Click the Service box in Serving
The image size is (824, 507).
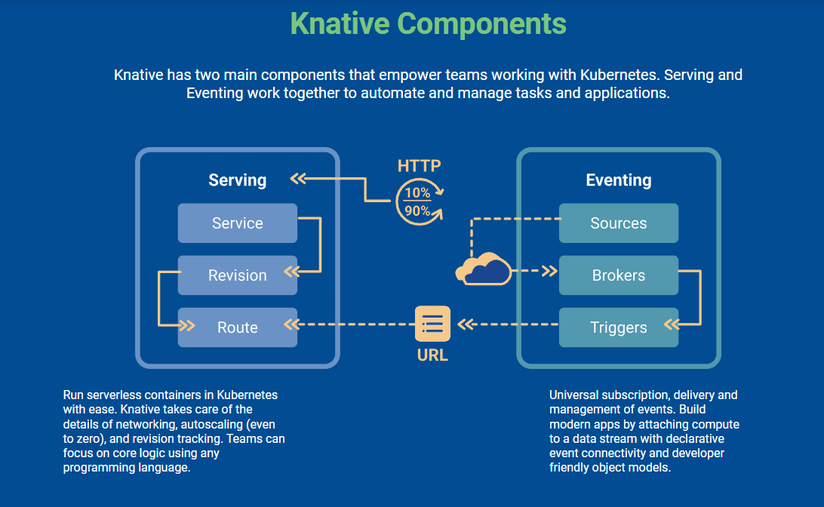pyautogui.click(x=237, y=223)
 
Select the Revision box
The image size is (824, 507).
pyautogui.click(x=237, y=275)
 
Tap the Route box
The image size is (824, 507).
pyautogui.click(x=237, y=327)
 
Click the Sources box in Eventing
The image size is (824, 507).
pyautogui.click(x=618, y=223)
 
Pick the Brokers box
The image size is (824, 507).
pyautogui.click(x=618, y=275)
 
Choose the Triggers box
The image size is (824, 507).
pyautogui.click(x=618, y=327)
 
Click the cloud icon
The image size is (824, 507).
pyautogui.click(x=484, y=269)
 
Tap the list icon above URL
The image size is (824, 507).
pyautogui.click(x=432, y=324)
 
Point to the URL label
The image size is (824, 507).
pyautogui.click(x=432, y=355)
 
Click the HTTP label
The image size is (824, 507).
pyautogui.click(x=419, y=166)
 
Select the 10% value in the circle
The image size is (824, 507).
pyautogui.click(x=417, y=192)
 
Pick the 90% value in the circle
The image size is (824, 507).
pyautogui.click(x=417, y=211)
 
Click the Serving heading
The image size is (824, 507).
pyautogui.click(x=237, y=180)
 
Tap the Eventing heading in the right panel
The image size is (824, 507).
pyautogui.click(x=618, y=180)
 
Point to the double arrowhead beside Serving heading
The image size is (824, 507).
pyautogui.click(x=298, y=179)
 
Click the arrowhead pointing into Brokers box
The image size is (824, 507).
pyautogui.click(x=549, y=270)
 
